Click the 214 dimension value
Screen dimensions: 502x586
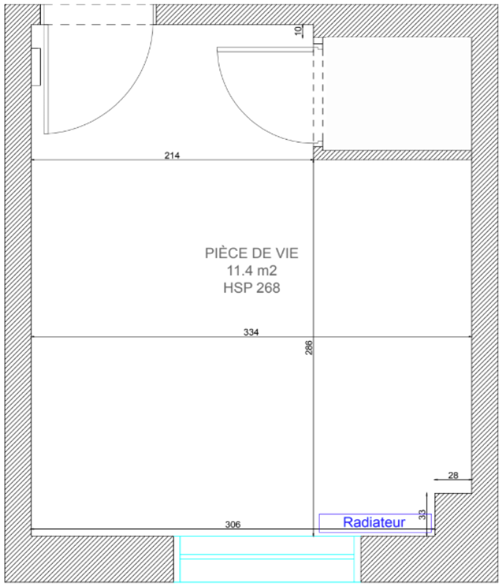click(172, 155)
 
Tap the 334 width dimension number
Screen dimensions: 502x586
click(251, 332)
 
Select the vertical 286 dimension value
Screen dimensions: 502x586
click(309, 348)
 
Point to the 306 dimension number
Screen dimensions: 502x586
click(233, 525)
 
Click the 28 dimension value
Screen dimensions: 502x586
click(453, 475)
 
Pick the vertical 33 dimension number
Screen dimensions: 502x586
click(422, 514)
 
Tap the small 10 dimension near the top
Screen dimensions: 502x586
click(298, 31)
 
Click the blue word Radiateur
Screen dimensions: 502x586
click(374, 522)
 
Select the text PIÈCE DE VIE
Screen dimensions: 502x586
click(252, 253)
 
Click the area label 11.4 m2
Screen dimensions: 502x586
click(252, 270)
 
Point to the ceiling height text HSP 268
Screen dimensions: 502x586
click(252, 288)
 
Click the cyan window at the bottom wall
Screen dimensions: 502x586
click(267, 559)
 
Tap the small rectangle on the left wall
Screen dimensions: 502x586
click(36, 67)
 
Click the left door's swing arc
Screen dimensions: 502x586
click(124, 104)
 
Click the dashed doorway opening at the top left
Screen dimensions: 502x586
click(98, 15)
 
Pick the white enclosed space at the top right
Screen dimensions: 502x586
click(397, 94)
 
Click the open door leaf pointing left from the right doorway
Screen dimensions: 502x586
click(266, 49)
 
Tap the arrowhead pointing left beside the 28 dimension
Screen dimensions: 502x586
click(437, 479)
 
